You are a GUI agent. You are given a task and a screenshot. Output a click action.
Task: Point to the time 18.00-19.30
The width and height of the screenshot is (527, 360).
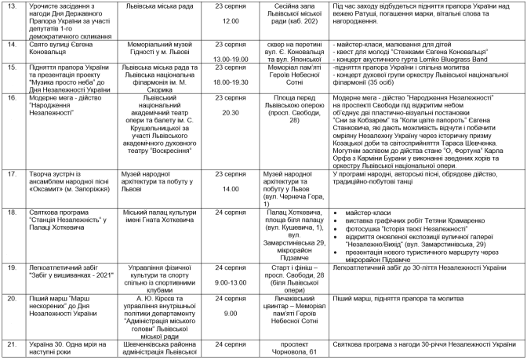[x=231, y=82]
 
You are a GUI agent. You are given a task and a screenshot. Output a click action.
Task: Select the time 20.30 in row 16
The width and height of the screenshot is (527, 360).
[x=231, y=112]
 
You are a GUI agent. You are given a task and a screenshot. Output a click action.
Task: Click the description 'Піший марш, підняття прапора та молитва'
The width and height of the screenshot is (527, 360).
[x=396, y=300]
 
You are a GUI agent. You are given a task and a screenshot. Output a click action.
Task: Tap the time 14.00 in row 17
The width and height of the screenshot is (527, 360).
[x=231, y=189]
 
